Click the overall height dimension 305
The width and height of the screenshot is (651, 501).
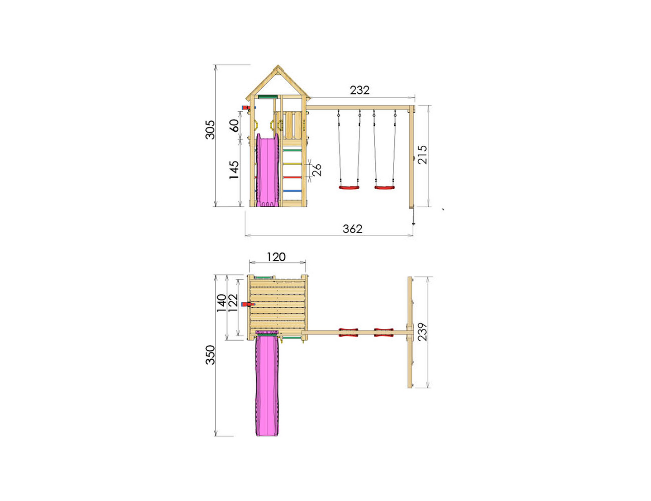point(210,129)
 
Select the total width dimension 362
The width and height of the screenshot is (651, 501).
point(352,229)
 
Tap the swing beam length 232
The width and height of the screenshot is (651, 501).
point(359,91)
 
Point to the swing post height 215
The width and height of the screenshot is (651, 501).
point(422,155)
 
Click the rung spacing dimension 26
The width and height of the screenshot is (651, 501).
point(317,170)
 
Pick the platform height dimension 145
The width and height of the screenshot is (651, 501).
point(234,170)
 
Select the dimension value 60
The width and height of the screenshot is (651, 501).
point(234,125)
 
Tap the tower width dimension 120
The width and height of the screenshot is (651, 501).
point(276,257)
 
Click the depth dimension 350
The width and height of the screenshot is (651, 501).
point(210,355)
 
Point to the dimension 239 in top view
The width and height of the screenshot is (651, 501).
point(422,332)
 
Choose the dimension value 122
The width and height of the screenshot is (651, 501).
point(233,303)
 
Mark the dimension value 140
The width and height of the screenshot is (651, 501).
point(222,303)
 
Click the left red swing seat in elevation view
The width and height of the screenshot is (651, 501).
point(349,187)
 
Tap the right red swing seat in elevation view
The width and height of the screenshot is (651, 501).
point(384,187)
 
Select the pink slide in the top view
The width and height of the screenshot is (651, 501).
point(267,385)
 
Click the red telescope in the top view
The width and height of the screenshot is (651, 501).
point(248,304)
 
